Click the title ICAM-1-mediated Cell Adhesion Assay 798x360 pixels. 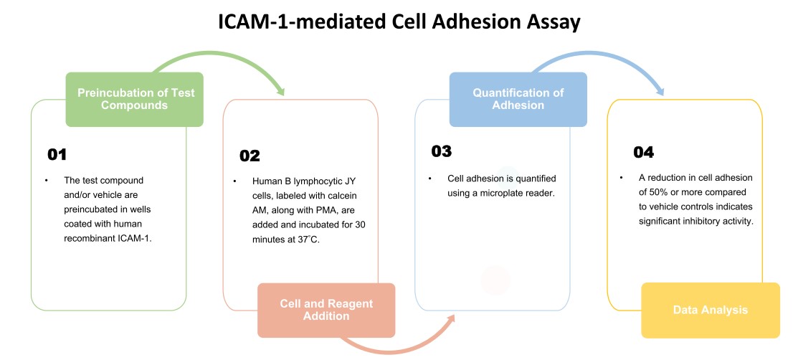tap(399, 22)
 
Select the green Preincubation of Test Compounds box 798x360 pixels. tap(136, 99)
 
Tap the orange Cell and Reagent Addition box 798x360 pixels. tap(326, 310)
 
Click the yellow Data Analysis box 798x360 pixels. tap(710, 310)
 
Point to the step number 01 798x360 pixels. tap(57, 154)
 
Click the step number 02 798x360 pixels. tap(250, 156)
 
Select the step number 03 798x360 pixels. tap(442, 151)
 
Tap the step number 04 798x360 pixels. tap(644, 152)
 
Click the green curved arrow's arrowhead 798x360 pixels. tap(280, 91)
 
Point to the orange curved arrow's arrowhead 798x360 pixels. tap(450, 316)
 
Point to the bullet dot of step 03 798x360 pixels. tap(430, 179)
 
